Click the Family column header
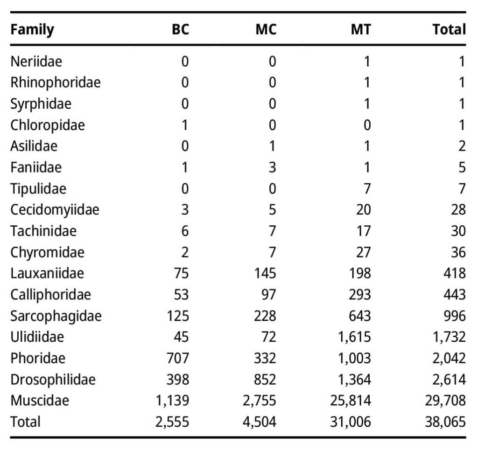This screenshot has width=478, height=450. tap(32, 30)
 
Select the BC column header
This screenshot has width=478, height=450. tap(181, 29)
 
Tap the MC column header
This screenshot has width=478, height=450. tap(266, 29)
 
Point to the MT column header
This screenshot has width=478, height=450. tap(361, 29)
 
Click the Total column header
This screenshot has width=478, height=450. tap(450, 29)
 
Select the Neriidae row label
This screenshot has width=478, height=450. tap(36, 62)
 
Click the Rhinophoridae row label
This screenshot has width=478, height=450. tap(56, 83)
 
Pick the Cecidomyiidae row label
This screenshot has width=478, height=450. tap(55, 210)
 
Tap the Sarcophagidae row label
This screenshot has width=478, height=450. tap(56, 316)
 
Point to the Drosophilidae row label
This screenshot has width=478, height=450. tap(53, 380)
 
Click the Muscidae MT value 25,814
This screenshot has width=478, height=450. tap(351, 401)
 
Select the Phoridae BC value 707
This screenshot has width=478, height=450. tap(178, 358)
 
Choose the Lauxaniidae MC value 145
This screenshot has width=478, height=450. tap(265, 273)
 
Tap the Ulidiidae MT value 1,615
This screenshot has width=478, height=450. tap(355, 337)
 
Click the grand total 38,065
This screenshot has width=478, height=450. tap(445, 422)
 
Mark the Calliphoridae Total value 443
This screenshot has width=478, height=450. tap(455, 294)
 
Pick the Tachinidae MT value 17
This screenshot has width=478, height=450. tap(364, 231)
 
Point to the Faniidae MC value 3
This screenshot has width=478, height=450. tap(272, 167)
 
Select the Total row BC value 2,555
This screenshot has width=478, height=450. tap(172, 422)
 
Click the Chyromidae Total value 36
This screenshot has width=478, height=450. tap(458, 252)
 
